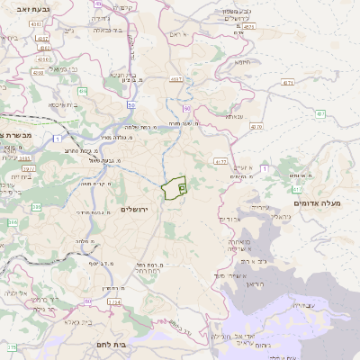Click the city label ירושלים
139,209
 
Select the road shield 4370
256,127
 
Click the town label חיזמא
244,63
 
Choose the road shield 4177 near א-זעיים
220,161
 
